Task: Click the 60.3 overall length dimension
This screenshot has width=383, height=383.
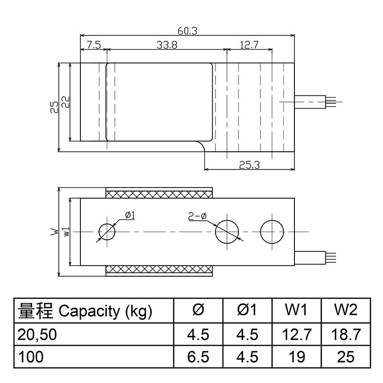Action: pos(187,31)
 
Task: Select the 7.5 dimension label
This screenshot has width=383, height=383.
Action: pos(93,45)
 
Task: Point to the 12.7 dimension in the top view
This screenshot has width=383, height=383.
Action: pos(249,45)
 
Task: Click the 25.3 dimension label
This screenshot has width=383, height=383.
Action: pos(249,165)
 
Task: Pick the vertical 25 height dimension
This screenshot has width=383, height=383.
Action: pos(54,106)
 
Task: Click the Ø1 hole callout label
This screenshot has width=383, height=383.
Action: pos(130,215)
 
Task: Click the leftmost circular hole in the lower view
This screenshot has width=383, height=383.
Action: pos(107,232)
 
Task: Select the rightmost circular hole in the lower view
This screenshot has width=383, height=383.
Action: pos(272,232)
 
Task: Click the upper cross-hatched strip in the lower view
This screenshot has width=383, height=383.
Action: pos(159,193)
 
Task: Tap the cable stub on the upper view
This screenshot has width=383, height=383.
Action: pos(314,101)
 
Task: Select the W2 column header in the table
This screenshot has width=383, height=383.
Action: pos(345,311)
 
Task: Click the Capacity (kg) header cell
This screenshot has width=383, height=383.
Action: pos(85,312)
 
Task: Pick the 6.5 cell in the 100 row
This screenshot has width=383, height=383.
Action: pos(198,357)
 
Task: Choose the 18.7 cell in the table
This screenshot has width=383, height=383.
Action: pos(345,334)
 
